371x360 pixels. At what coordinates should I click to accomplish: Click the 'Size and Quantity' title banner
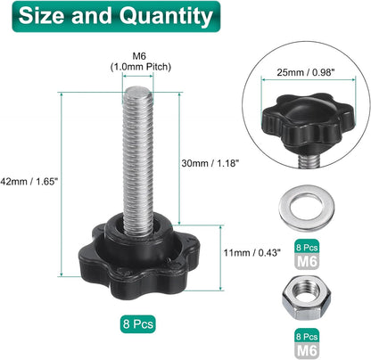click(x=116, y=16)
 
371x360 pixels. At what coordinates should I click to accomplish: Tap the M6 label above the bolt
click(x=139, y=56)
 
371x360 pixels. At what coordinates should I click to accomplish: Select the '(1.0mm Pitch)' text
click(x=141, y=67)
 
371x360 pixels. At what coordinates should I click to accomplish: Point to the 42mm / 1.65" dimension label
click(x=29, y=182)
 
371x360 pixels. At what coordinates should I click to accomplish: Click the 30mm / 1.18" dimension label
click(x=210, y=163)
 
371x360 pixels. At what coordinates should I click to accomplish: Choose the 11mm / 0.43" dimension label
click(x=252, y=252)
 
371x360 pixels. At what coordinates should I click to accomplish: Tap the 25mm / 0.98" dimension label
click(x=306, y=72)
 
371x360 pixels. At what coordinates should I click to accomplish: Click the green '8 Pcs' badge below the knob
click(x=138, y=323)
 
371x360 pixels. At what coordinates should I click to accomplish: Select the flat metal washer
click(x=307, y=208)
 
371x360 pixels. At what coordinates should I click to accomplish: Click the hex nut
click(x=307, y=298)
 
